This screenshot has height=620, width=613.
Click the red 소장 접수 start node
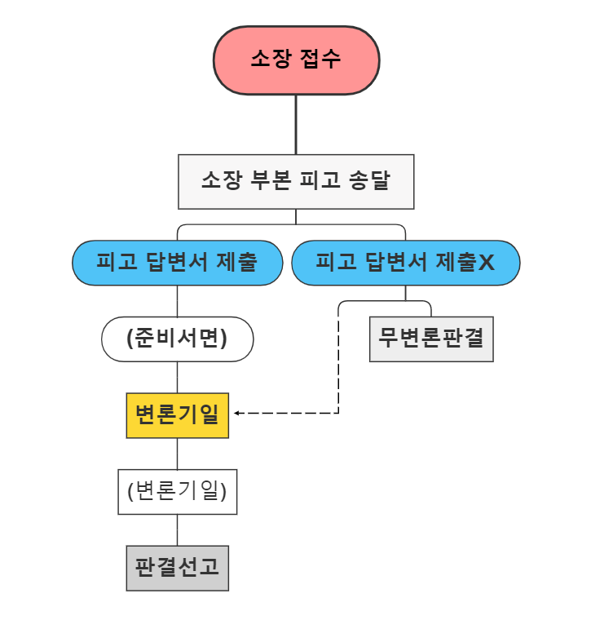tap(296, 60)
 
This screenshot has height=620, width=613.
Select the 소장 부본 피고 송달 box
tap(296, 181)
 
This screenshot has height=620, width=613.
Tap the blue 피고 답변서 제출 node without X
tap(177, 263)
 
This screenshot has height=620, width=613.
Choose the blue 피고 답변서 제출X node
tap(405, 263)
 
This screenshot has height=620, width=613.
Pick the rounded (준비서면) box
tap(177, 339)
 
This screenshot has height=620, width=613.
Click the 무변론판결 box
tap(431, 339)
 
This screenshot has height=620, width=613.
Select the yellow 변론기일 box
tap(177, 415)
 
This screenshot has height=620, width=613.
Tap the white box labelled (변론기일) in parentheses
tap(177, 491)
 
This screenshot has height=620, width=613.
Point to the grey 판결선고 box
tap(177, 568)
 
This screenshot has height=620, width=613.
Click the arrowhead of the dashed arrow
tap(237, 414)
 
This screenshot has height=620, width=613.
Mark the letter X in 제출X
tap(486, 263)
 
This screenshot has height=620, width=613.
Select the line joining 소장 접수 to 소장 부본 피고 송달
tap(296, 124)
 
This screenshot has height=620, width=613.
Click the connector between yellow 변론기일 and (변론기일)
tap(177, 454)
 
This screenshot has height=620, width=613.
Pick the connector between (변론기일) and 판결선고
tap(177, 529)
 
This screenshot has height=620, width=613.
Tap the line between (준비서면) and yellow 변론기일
tap(177, 377)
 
